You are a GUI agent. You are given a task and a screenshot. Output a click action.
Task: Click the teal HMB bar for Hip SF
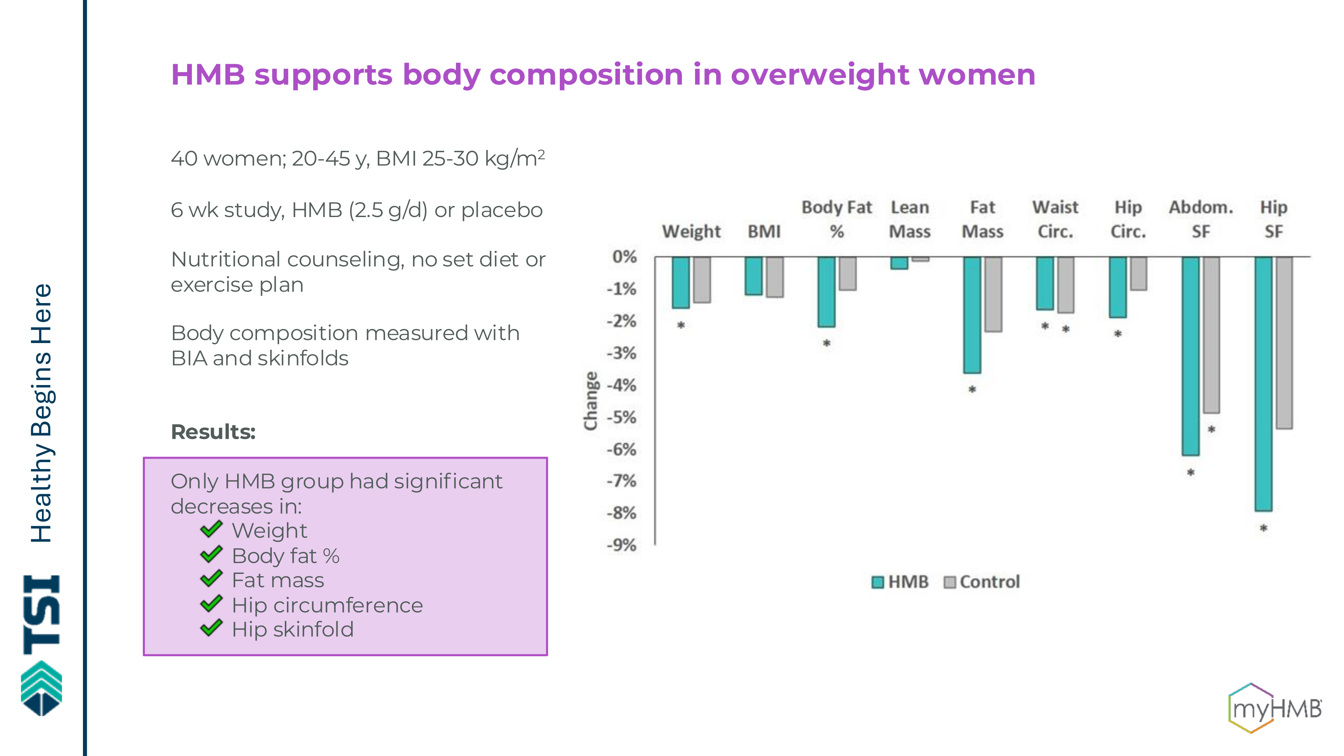(1263, 383)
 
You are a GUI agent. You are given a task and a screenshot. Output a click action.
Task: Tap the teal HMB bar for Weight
(681, 282)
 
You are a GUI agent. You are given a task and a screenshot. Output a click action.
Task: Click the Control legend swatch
(950, 582)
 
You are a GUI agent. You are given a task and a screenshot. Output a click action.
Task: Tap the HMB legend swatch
(878, 582)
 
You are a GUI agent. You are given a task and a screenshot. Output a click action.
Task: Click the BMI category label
(764, 231)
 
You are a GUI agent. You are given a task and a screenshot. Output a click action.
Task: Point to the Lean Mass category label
(910, 219)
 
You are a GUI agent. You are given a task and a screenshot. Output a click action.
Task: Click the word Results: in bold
(213, 432)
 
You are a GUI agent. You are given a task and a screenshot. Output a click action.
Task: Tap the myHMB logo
(1274, 708)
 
